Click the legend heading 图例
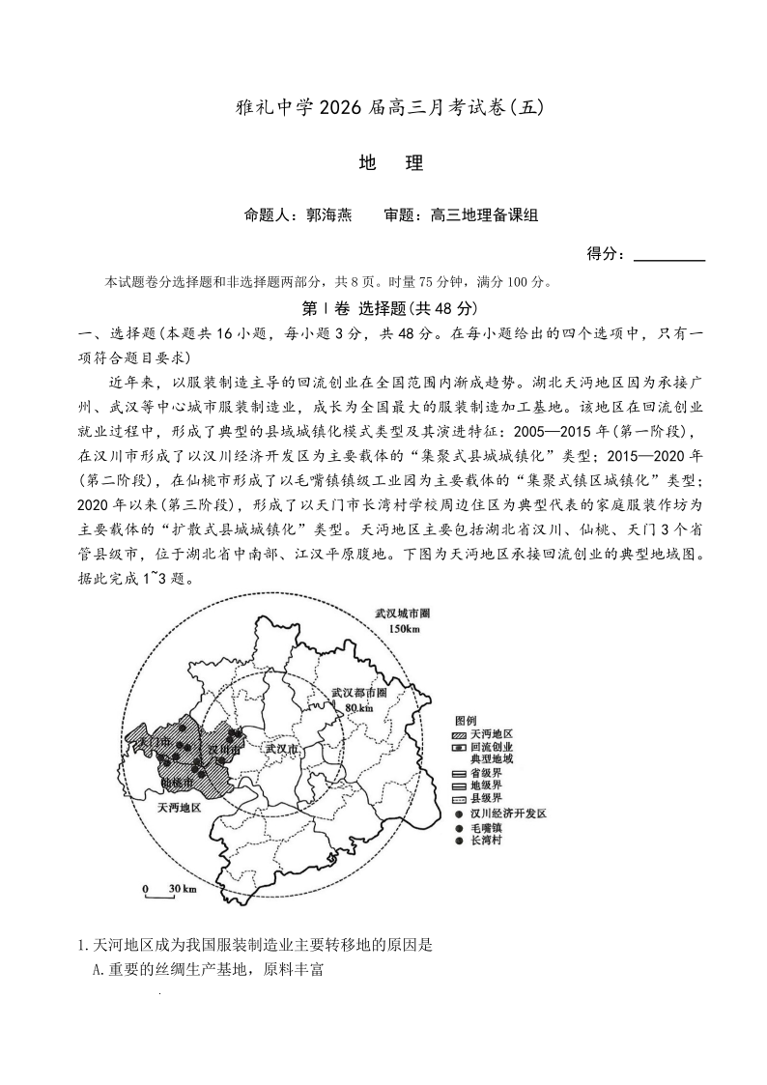point(465,721)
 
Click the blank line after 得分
point(668,257)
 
